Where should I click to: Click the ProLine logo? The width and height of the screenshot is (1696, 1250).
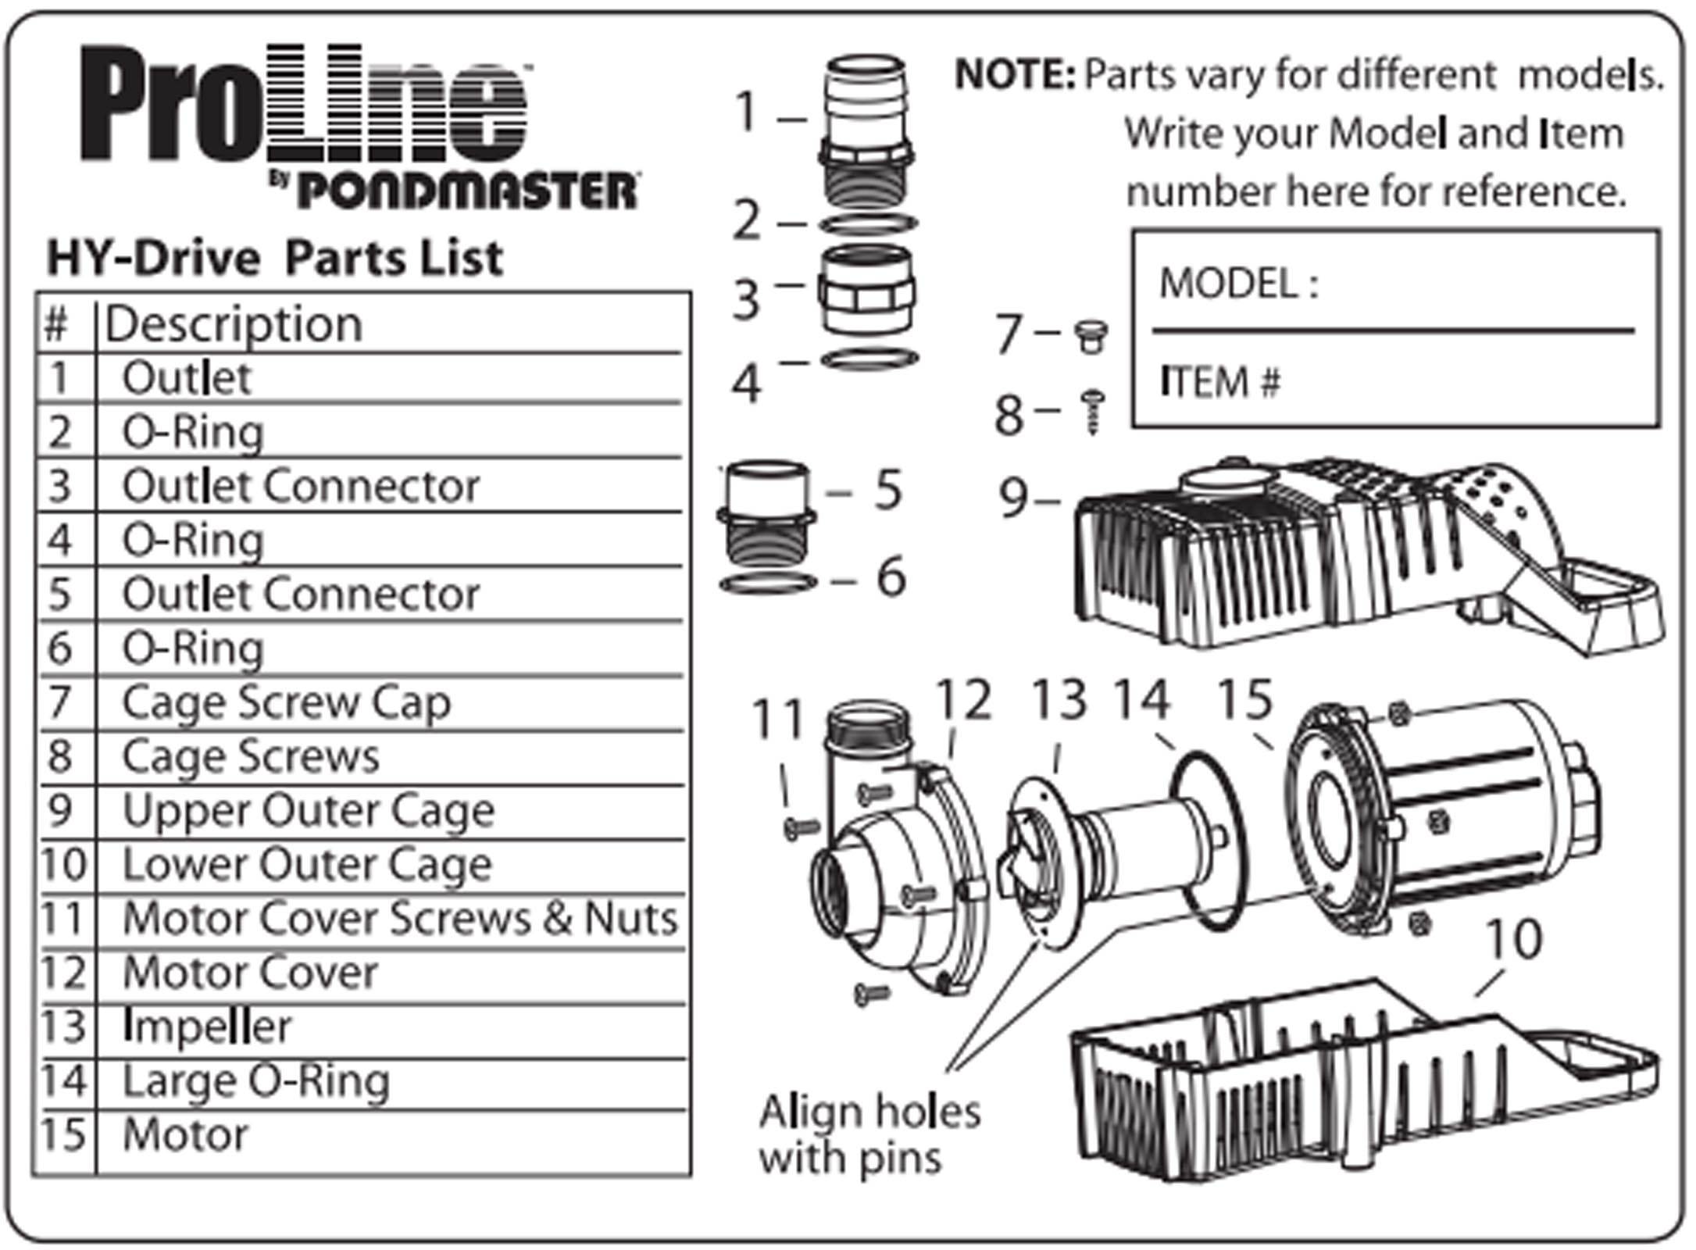point(305,105)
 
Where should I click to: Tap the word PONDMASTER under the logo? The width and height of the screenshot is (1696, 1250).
point(467,191)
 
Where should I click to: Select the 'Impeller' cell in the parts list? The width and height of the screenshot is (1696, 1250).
point(207,1027)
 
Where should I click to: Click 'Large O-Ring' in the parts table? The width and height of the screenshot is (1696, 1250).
point(256,1081)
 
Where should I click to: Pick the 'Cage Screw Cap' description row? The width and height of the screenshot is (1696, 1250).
point(287,702)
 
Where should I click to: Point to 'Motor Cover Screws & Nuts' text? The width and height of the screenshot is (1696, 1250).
point(400,919)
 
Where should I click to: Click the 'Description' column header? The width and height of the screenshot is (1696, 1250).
point(234,324)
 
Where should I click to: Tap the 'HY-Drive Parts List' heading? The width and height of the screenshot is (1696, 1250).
point(275,259)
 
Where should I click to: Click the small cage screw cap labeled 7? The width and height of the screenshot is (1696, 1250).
point(1091,336)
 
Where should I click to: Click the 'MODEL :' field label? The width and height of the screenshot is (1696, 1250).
point(1238,284)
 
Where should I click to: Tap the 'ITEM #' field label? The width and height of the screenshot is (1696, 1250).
point(1220,384)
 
